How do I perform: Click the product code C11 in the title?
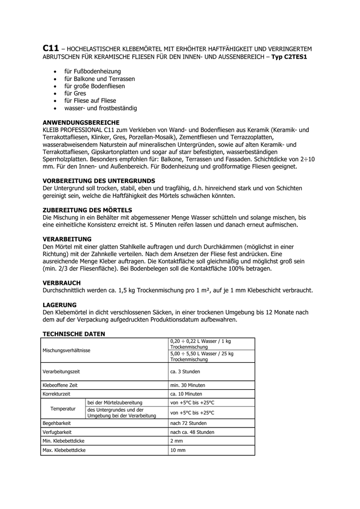click(x=51, y=48)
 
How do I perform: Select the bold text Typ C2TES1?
click(x=289, y=57)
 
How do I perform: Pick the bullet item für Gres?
click(x=75, y=93)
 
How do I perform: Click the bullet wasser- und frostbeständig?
click(x=100, y=108)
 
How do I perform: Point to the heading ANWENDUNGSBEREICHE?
click(x=81, y=122)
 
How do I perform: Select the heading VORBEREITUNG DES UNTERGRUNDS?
click(x=99, y=180)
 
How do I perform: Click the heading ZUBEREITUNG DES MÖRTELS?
click(x=88, y=210)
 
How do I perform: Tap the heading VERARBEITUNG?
click(x=67, y=239)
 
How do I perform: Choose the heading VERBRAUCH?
click(x=62, y=282)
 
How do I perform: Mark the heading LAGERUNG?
click(x=60, y=304)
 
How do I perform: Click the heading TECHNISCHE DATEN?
click(x=74, y=334)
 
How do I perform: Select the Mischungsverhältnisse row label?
click(x=67, y=350)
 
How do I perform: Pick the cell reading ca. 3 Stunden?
click(x=185, y=371)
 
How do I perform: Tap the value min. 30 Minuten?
click(x=187, y=385)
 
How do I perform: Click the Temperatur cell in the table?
click(x=63, y=408)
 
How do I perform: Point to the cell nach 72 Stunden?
click(x=188, y=423)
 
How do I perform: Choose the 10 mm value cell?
click(x=178, y=450)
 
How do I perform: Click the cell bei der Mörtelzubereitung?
click(x=115, y=402)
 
